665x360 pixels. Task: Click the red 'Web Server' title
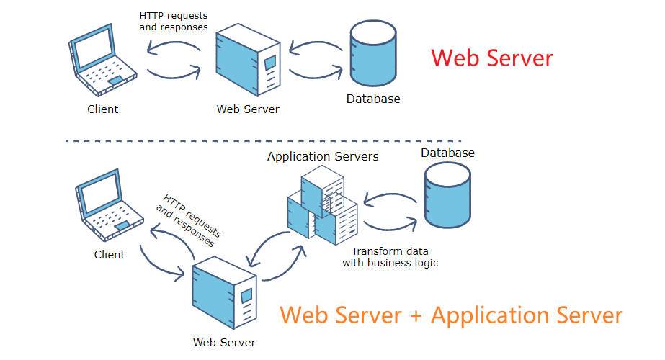(492, 58)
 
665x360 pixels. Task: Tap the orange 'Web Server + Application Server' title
(451, 315)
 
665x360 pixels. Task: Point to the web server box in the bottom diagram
(225, 292)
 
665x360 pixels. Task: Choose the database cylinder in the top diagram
(372, 55)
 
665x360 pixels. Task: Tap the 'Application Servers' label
(323, 156)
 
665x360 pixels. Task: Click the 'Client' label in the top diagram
(103, 109)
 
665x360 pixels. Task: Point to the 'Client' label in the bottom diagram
(110, 255)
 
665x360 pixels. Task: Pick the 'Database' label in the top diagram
(372, 99)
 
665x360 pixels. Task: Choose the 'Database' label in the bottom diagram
(447, 153)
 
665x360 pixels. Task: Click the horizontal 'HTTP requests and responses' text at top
(174, 21)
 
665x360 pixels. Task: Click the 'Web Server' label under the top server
(248, 109)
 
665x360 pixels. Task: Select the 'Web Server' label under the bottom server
(224, 343)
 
